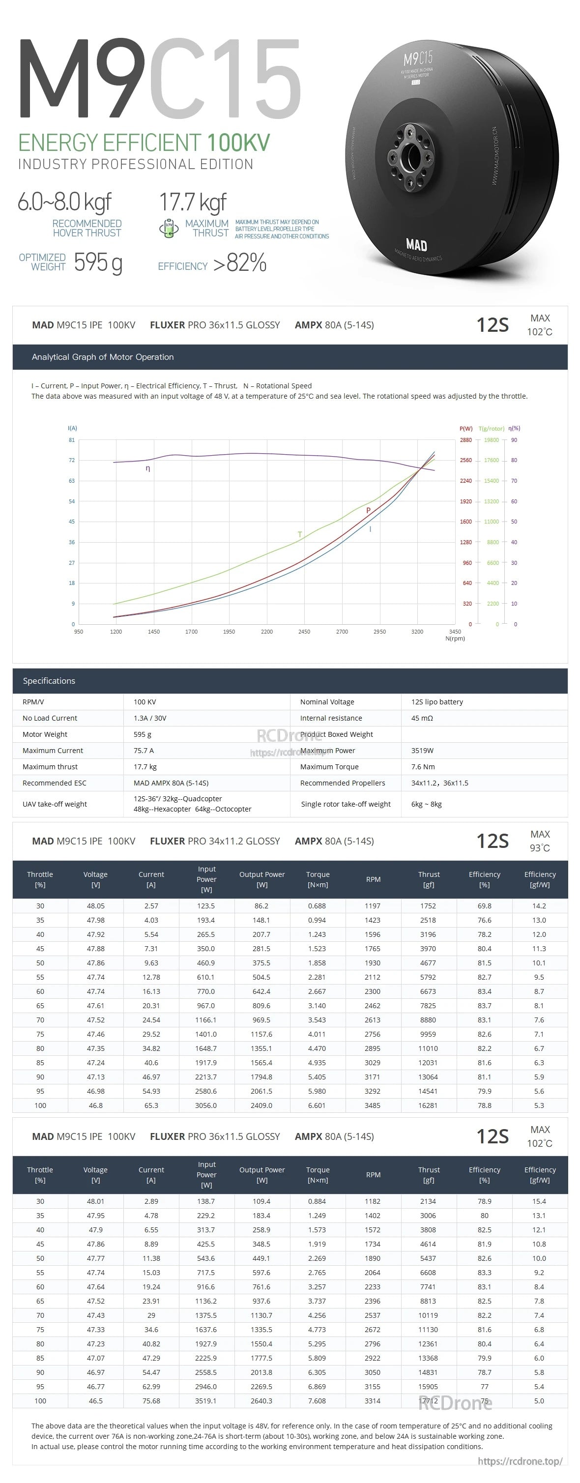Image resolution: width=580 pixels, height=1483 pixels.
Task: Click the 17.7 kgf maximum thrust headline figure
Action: (x=192, y=202)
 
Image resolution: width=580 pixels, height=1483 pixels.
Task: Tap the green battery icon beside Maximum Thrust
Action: (x=168, y=228)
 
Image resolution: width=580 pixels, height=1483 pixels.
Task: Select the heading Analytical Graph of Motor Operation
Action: (x=102, y=357)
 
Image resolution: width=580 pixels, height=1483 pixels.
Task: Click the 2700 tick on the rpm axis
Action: (x=342, y=632)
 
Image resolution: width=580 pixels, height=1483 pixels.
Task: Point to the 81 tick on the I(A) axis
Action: (x=72, y=440)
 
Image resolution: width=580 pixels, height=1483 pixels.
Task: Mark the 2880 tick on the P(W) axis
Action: (x=465, y=440)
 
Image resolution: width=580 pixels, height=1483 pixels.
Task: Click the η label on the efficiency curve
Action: (x=148, y=468)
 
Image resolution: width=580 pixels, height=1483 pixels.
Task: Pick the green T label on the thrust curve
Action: (x=299, y=534)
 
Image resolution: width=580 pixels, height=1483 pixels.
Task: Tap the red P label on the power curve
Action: (x=368, y=511)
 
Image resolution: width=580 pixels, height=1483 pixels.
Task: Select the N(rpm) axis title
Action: (x=455, y=639)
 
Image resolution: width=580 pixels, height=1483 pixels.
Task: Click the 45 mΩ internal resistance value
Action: (x=422, y=718)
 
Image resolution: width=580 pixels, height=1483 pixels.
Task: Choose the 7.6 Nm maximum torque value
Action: (x=423, y=766)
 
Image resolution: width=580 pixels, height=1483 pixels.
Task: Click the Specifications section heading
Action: (x=49, y=680)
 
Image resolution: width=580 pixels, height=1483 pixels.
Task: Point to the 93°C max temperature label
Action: (x=540, y=848)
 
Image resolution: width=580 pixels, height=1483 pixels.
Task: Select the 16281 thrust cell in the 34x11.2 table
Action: (x=428, y=1105)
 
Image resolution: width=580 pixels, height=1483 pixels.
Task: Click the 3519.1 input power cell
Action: (x=205, y=1401)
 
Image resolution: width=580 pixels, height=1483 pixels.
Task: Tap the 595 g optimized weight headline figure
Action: (x=98, y=262)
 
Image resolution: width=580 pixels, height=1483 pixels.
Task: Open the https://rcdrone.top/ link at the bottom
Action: (x=520, y=1461)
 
